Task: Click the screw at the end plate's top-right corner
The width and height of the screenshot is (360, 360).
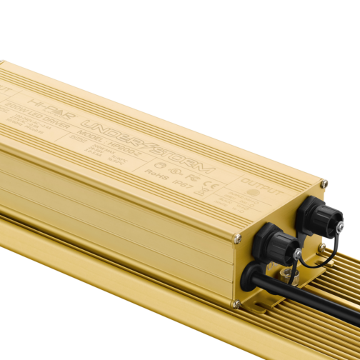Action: click(x=324, y=184)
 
